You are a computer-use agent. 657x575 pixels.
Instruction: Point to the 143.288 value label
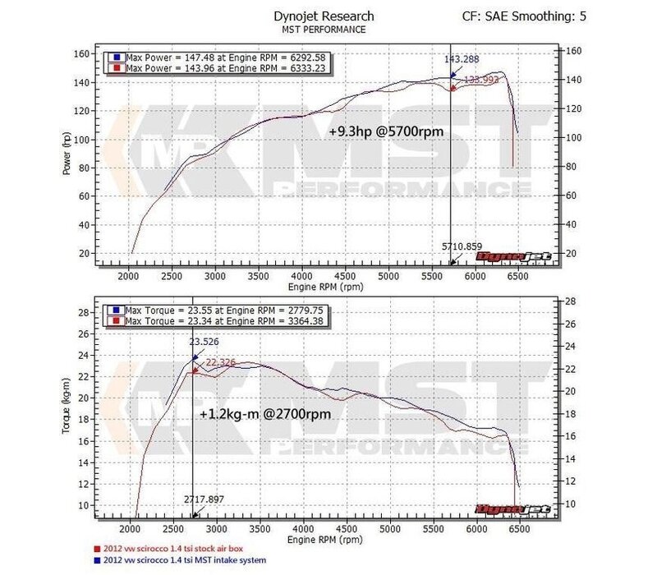pyautogui.click(x=462, y=59)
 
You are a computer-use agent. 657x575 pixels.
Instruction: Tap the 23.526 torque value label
pyautogui.click(x=205, y=343)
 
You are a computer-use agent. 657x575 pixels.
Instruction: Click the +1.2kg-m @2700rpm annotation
pyautogui.click(x=264, y=415)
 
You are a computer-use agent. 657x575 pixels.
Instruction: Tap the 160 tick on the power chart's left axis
pyautogui.click(x=81, y=53)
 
